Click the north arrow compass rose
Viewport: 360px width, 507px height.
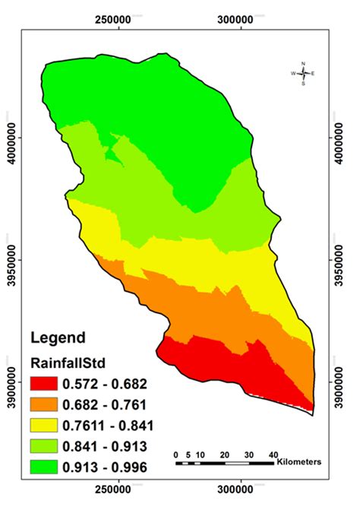point(303,73)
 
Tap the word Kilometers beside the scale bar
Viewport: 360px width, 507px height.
point(299,461)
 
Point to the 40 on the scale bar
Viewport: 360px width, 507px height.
point(273,454)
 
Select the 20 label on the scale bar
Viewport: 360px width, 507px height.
point(224,454)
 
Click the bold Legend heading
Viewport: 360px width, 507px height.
point(55,337)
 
